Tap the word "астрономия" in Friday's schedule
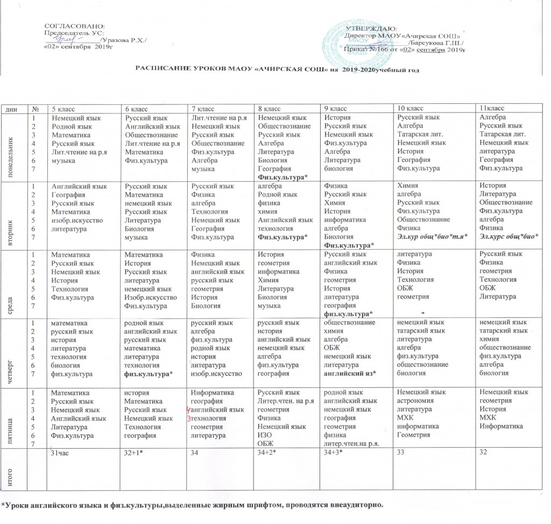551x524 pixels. (414, 400)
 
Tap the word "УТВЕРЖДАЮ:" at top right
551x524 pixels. (371, 28)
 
